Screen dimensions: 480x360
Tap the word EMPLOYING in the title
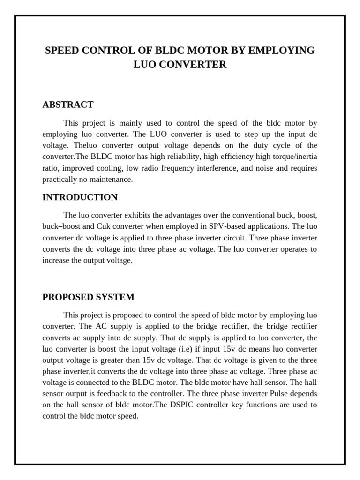[283, 51]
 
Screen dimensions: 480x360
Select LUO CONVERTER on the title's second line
[180, 65]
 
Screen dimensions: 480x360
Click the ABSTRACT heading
[68, 105]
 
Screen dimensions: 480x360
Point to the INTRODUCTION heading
[80, 197]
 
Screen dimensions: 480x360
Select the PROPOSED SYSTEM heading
[89, 297]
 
